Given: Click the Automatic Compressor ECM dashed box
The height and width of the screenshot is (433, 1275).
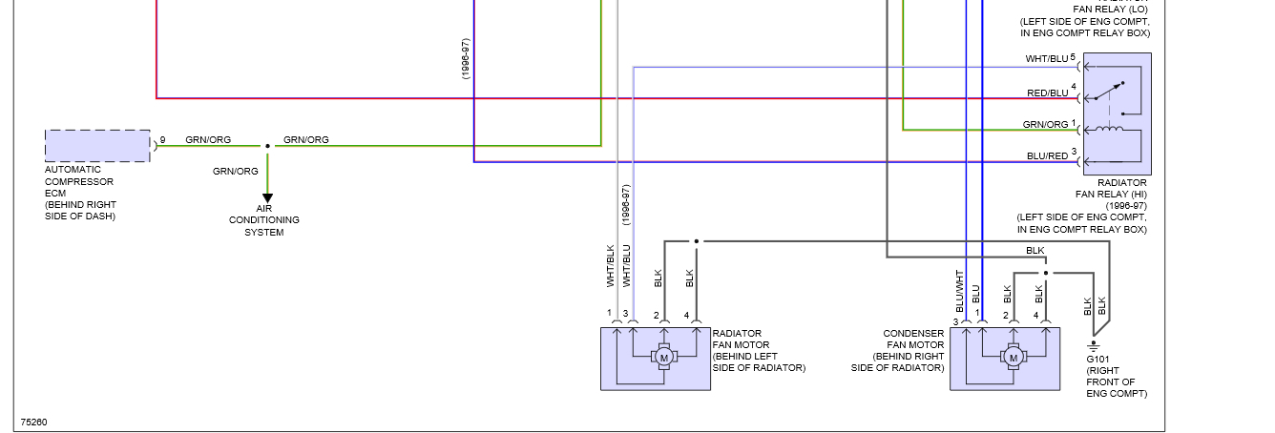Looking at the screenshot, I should point(97,146).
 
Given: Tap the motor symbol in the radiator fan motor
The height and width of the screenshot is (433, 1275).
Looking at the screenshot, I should point(663,357).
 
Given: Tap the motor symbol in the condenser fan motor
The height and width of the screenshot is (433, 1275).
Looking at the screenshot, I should point(1013,357).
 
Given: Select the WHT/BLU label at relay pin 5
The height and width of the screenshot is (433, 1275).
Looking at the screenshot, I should point(1047,59).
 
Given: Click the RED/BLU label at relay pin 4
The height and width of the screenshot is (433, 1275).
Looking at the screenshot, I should point(1047,93).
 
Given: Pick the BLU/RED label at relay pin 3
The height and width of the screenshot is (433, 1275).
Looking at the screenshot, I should point(1047,155).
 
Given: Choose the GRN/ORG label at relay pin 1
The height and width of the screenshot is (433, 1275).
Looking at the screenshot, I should point(1045,124).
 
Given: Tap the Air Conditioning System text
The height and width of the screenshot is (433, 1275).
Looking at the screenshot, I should point(264,220).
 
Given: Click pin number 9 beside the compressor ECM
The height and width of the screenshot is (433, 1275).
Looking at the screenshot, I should point(162,140).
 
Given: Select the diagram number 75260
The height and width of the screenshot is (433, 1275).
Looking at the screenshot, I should point(34,421).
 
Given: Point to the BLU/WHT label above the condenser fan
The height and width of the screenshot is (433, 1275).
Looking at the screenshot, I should point(960,290).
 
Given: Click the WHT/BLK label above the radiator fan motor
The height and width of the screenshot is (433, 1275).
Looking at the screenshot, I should point(610,266).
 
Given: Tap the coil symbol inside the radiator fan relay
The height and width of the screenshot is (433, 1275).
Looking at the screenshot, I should point(1110,130).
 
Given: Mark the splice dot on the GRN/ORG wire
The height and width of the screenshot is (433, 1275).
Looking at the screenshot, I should point(267,146).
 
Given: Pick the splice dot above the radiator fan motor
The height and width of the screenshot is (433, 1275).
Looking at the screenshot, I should point(696,241).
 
